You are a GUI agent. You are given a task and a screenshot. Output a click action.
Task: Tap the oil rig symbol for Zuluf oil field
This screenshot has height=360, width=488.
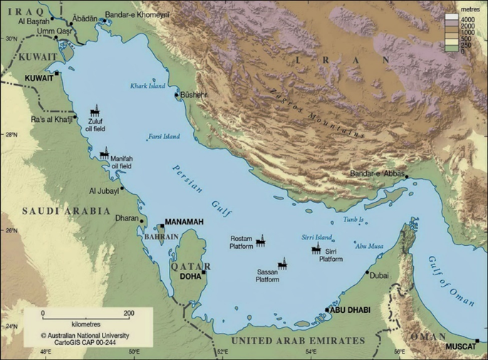[x=96, y=113]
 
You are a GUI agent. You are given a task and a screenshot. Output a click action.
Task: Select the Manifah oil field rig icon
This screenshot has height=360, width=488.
[x=105, y=153]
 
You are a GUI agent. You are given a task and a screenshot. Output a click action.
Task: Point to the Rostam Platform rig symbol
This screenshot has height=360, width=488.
[x=260, y=239]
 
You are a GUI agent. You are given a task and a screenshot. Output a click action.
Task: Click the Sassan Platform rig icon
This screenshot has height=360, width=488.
[x=283, y=265]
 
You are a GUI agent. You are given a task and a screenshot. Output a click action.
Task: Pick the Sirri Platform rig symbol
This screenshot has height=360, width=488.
[x=316, y=247]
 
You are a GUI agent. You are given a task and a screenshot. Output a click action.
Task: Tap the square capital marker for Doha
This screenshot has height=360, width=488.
[x=204, y=272]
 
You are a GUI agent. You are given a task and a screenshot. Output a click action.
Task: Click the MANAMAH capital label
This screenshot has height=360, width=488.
[x=184, y=222]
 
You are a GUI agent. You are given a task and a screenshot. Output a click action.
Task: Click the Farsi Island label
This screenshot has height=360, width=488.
[x=164, y=135]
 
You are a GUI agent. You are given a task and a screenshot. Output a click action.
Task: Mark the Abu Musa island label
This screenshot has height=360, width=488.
[x=369, y=246]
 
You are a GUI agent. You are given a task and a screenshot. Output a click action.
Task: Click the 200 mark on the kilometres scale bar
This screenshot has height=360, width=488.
[x=129, y=313]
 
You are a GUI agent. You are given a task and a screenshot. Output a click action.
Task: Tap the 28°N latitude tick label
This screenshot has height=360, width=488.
[x=8, y=134]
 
